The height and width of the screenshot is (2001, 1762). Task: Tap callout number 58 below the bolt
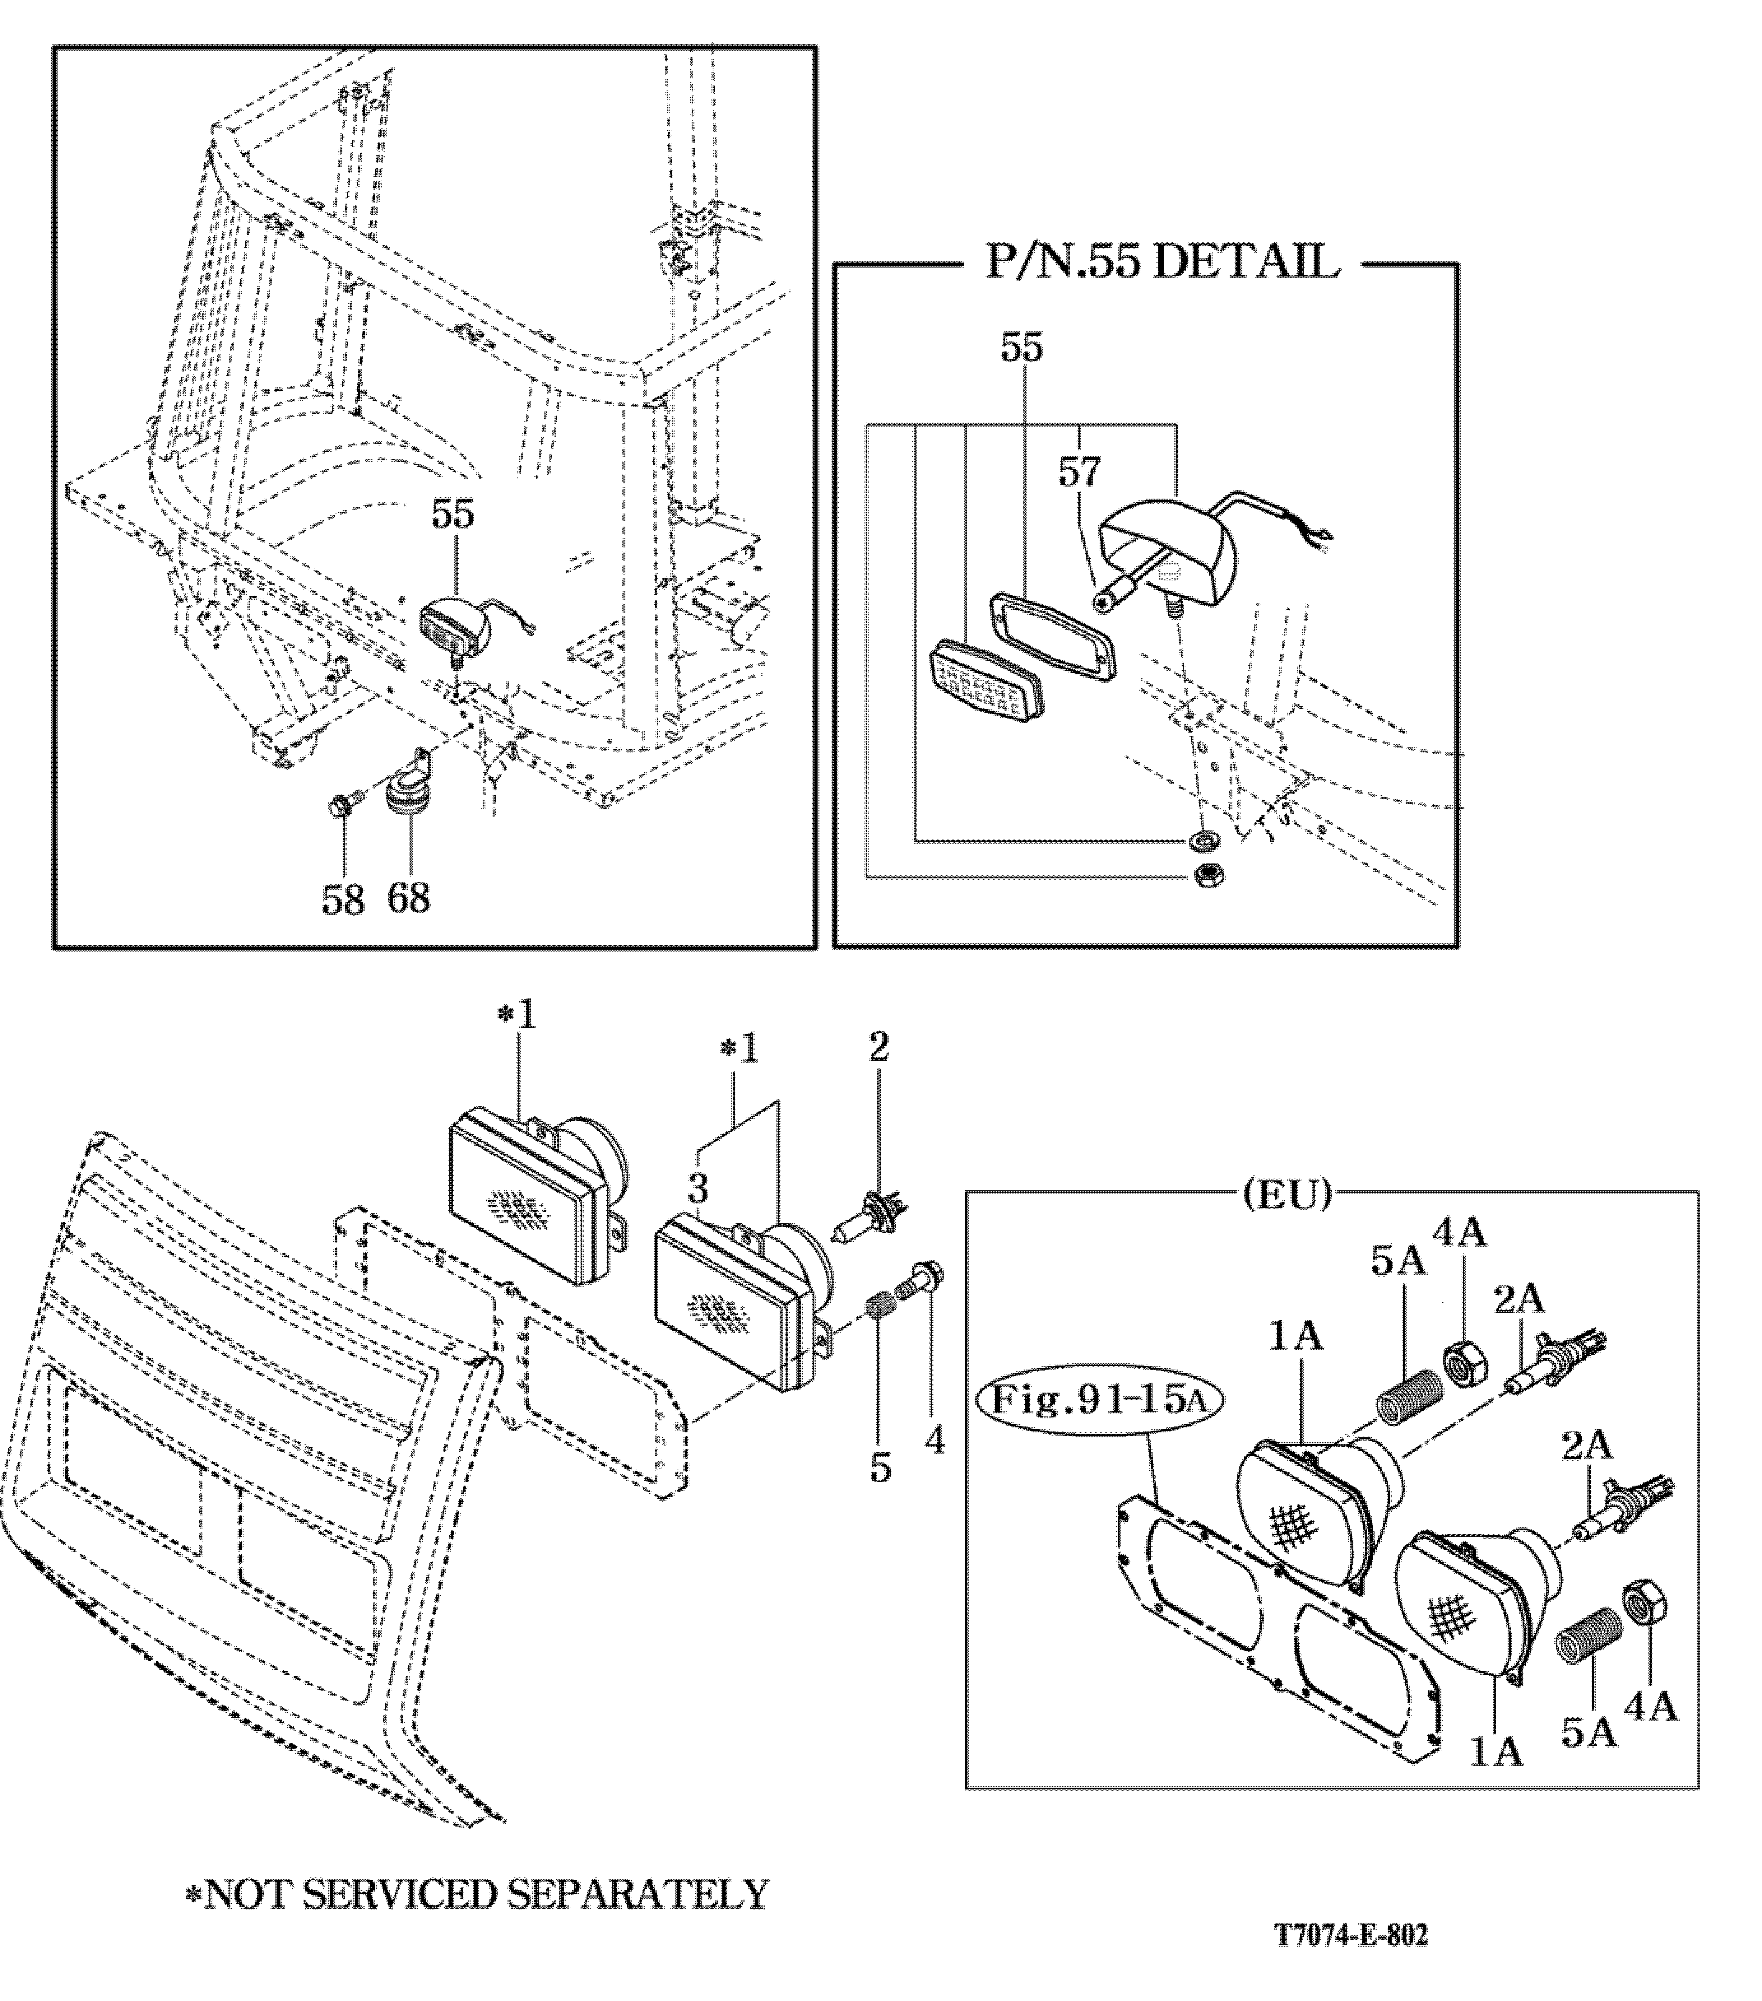343,900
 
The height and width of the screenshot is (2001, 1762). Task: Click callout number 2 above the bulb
879,1048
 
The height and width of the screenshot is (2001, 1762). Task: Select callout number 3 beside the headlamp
697,1189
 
